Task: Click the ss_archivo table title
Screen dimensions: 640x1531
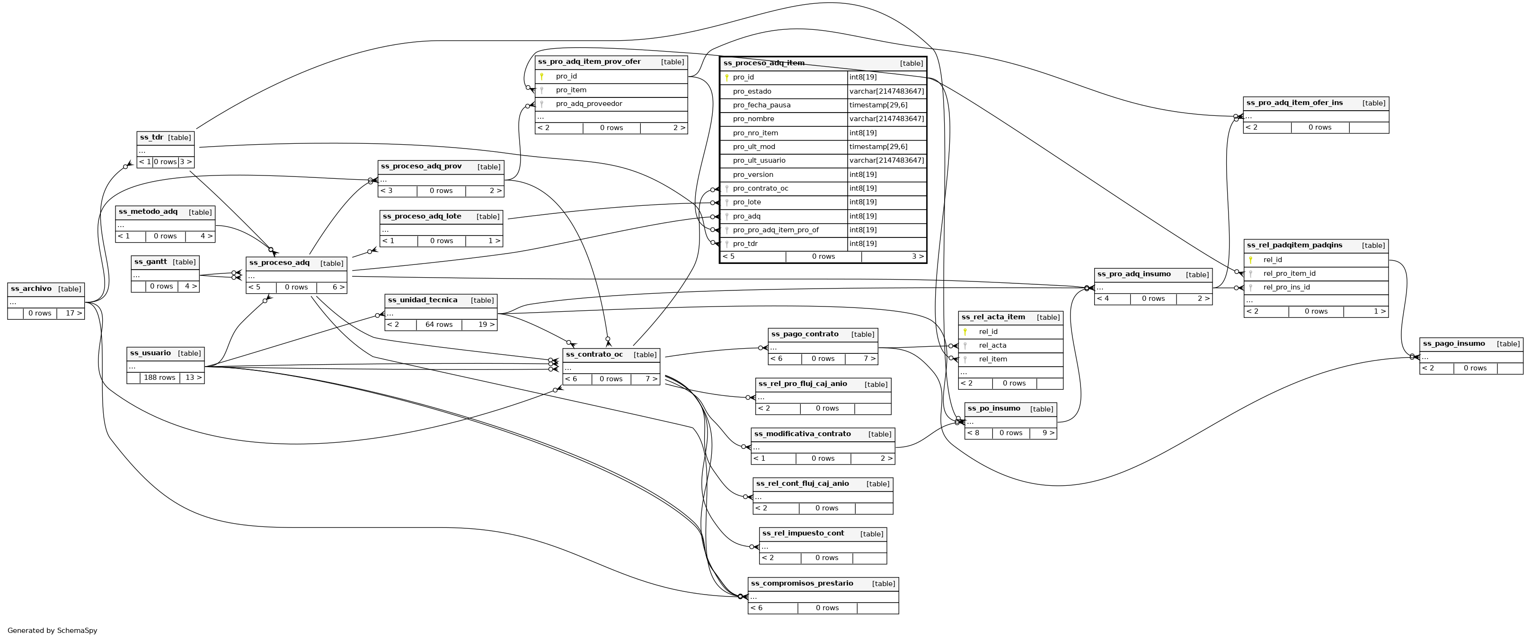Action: point(31,289)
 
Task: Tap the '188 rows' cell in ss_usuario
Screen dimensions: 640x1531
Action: point(159,377)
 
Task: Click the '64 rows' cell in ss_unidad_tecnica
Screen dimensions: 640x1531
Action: point(439,324)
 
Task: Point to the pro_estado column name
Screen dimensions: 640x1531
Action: point(752,91)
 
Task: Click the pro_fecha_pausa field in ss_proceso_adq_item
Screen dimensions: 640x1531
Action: point(761,105)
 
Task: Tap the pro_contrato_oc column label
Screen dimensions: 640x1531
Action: point(760,188)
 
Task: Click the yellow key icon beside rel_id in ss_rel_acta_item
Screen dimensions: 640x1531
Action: point(965,332)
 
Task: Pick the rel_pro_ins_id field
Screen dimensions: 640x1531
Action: point(1286,288)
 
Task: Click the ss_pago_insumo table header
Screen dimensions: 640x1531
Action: point(1454,343)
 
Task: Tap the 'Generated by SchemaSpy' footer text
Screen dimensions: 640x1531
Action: point(53,631)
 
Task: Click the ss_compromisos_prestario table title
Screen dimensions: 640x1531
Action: point(802,584)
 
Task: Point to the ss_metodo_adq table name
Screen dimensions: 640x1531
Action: point(148,211)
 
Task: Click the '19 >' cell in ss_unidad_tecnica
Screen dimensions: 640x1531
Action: point(486,324)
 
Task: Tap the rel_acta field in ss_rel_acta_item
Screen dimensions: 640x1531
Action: point(992,345)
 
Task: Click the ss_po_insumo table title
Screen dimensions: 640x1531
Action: point(994,408)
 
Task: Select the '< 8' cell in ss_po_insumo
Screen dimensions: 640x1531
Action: point(973,433)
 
